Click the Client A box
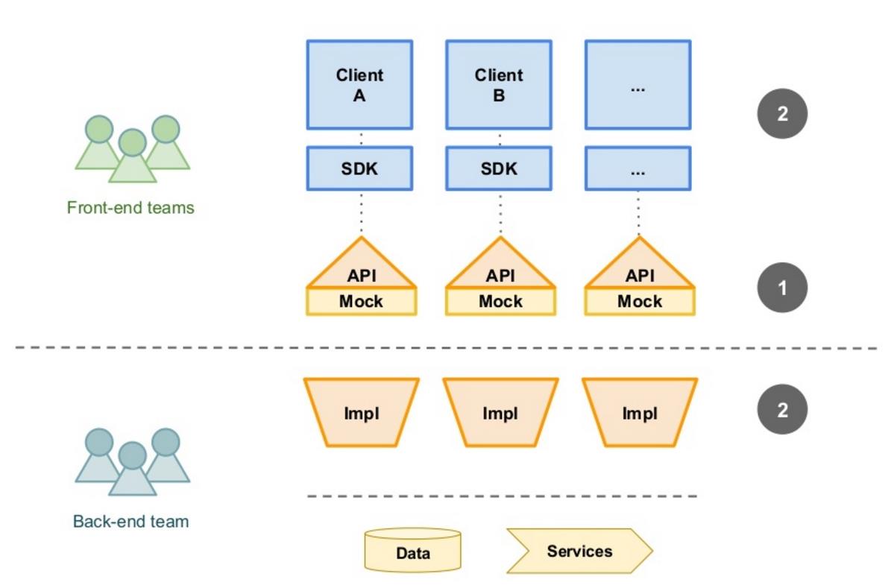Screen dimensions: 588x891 (359, 85)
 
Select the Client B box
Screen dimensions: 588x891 (499, 85)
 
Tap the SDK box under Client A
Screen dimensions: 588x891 (359, 168)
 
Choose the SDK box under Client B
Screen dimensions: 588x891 (499, 168)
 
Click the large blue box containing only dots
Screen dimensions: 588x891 (637, 85)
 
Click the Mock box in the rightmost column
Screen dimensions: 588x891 (640, 302)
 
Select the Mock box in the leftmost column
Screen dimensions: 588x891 (362, 302)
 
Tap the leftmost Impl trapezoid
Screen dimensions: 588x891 (362, 413)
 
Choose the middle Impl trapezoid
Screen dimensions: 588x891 (500, 413)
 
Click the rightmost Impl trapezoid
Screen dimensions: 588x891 (640, 413)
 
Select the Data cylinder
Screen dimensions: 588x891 (412, 551)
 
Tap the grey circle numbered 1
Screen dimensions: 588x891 (782, 288)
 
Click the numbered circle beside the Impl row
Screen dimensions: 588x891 (782, 410)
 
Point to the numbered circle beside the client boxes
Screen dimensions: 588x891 (782, 114)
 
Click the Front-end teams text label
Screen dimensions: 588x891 (130, 208)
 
